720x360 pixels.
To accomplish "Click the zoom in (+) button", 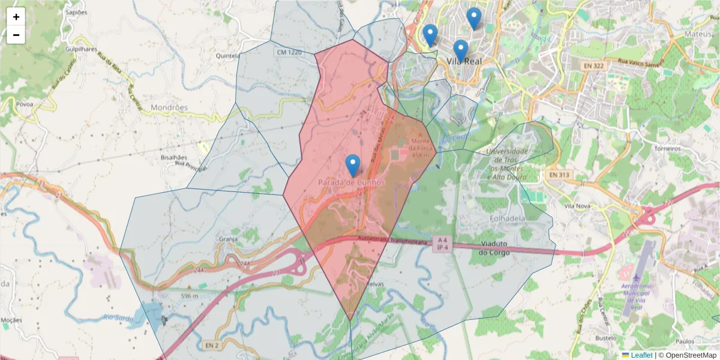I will tap(16, 17).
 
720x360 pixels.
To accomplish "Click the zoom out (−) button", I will tap(16, 35).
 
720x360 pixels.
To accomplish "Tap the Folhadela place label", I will tap(508, 218).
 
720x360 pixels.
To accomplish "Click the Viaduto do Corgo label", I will tap(495, 248).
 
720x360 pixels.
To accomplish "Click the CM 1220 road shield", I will tap(289, 53).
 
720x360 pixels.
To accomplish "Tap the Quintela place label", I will tap(229, 56).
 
